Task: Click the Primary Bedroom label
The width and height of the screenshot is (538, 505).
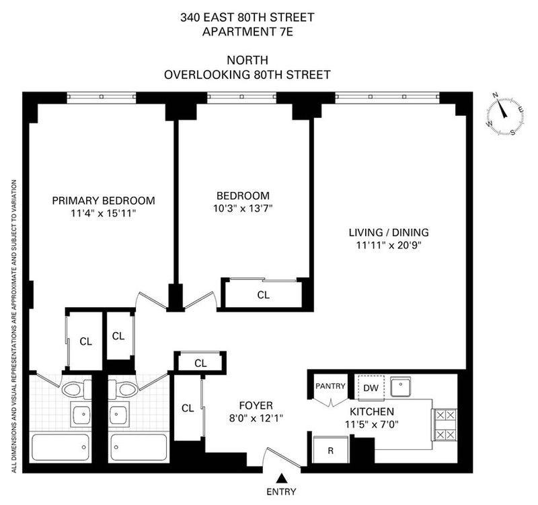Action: [104, 200]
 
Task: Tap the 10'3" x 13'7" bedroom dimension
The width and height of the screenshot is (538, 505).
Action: [243, 208]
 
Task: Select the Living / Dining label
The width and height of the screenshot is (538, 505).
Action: [389, 232]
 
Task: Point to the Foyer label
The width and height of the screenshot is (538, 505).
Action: [256, 406]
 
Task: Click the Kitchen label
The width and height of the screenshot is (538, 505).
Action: [372, 411]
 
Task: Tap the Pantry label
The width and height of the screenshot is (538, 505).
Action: [330, 386]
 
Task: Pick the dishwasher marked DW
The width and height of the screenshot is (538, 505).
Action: [371, 389]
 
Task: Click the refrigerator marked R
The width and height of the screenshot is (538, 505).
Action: [331, 450]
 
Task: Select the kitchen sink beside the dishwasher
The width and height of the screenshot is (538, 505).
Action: [400, 386]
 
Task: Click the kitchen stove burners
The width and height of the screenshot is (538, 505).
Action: [445, 425]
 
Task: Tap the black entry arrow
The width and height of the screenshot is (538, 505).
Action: [281, 478]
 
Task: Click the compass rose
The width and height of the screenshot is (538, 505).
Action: [505, 114]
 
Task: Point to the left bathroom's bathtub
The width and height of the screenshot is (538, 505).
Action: [61, 448]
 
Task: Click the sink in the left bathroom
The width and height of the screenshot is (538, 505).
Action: [81, 414]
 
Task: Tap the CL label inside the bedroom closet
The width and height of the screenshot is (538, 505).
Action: [263, 295]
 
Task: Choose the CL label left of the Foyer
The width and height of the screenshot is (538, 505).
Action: [188, 408]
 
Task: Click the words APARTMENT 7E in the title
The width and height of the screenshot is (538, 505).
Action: [247, 32]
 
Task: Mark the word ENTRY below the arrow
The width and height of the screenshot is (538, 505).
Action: [281, 492]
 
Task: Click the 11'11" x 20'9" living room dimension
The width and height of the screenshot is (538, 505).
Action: [389, 246]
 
